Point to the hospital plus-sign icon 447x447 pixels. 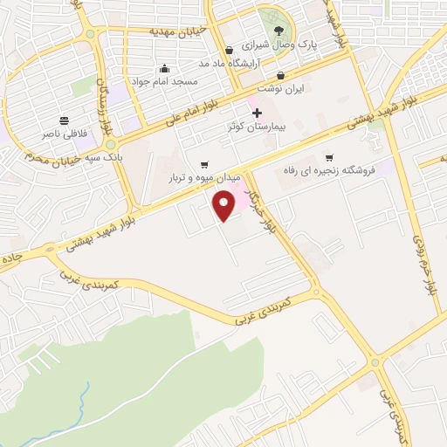coord(257,113)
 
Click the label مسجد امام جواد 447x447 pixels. coord(166,81)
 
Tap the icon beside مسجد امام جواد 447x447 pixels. coord(164,69)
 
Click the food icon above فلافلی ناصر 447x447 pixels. coord(65,120)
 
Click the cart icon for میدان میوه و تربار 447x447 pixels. coord(204,163)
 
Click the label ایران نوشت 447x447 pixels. coord(279,88)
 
